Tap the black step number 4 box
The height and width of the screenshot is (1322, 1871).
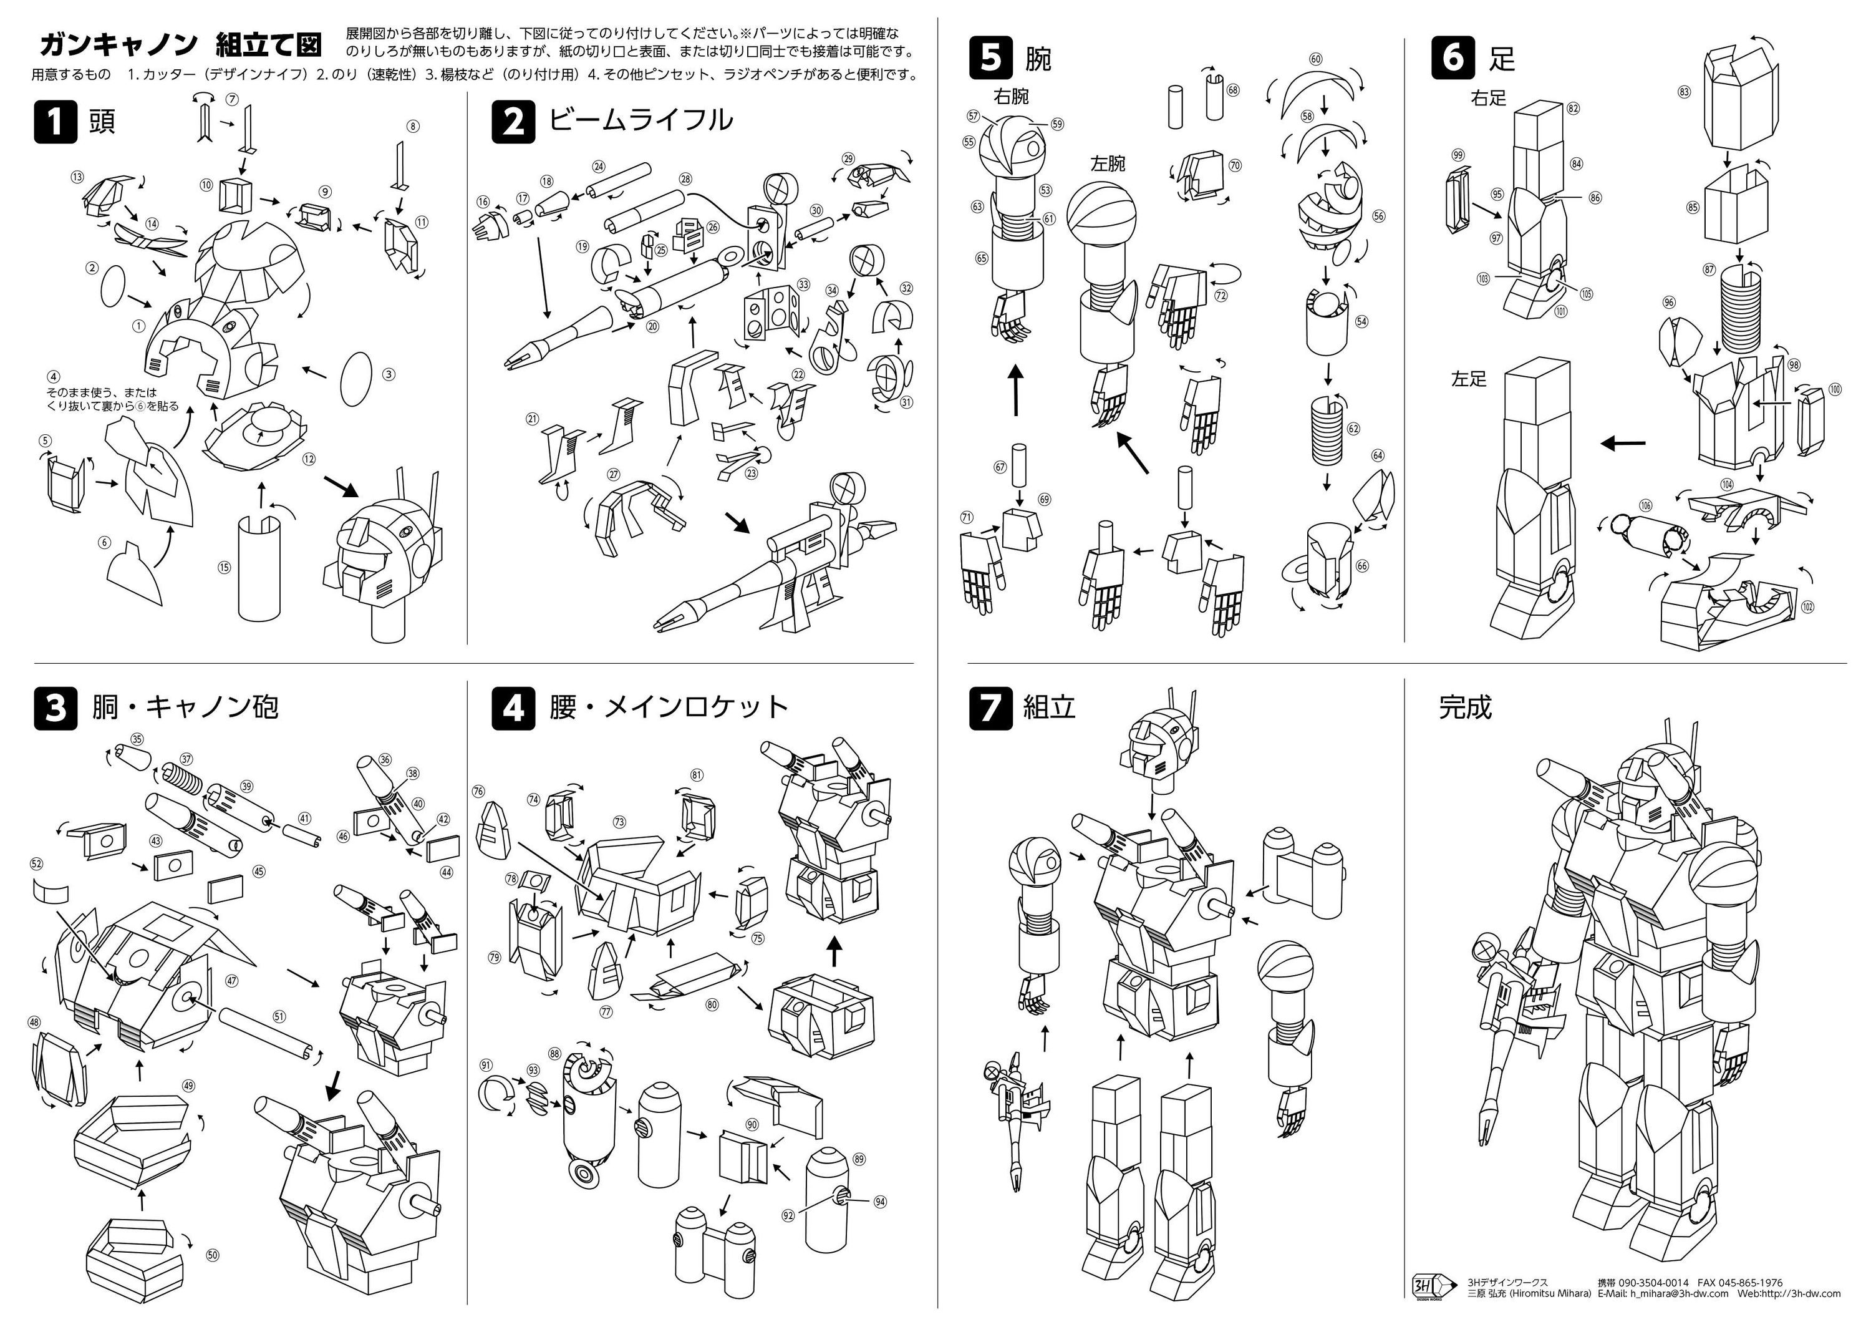[x=513, y=707]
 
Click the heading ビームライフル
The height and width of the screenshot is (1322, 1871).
[x=640, y=120]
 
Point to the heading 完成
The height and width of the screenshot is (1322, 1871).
[x=1465, y=707]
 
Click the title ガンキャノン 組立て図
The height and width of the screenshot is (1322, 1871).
[x=180, y=43]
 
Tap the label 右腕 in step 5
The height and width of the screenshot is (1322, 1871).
[x=1010, y=97]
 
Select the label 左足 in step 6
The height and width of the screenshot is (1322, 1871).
[x=1469, y=378]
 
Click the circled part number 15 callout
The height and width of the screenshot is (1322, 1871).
[x=224, y=568]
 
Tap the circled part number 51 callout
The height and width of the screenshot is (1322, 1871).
[x=279, y=1016]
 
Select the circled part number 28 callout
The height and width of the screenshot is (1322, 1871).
[x=685, y=179]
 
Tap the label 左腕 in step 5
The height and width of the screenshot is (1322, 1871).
[x=1108, y=164]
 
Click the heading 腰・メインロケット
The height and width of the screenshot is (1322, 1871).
[x=668, y=707]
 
